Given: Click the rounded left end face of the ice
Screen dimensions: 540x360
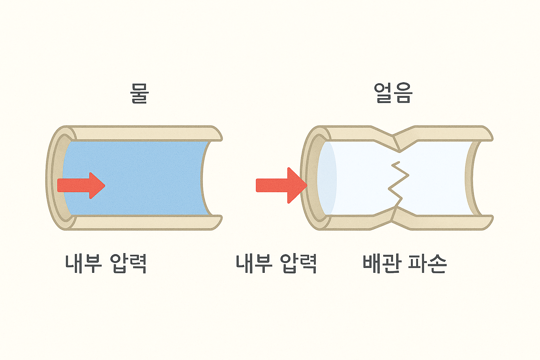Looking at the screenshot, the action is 327,178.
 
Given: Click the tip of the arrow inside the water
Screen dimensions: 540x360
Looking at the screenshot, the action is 103,185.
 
